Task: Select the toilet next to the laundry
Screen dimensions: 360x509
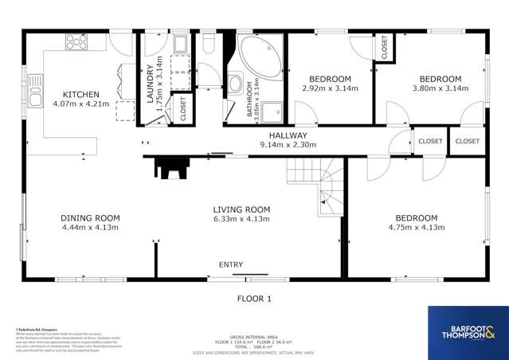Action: click(x=208, y=41)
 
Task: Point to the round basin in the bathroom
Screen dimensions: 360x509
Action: click(x=236, y=83)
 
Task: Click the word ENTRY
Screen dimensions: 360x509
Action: click(x=232, y=265)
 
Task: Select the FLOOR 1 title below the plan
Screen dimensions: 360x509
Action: click(x=255, y=299)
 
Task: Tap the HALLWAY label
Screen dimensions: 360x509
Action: click(x=288, y=135)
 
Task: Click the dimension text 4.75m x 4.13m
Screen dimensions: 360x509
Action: click(x=417, y=228)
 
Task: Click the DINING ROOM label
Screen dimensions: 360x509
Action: click(x=90, y=217)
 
